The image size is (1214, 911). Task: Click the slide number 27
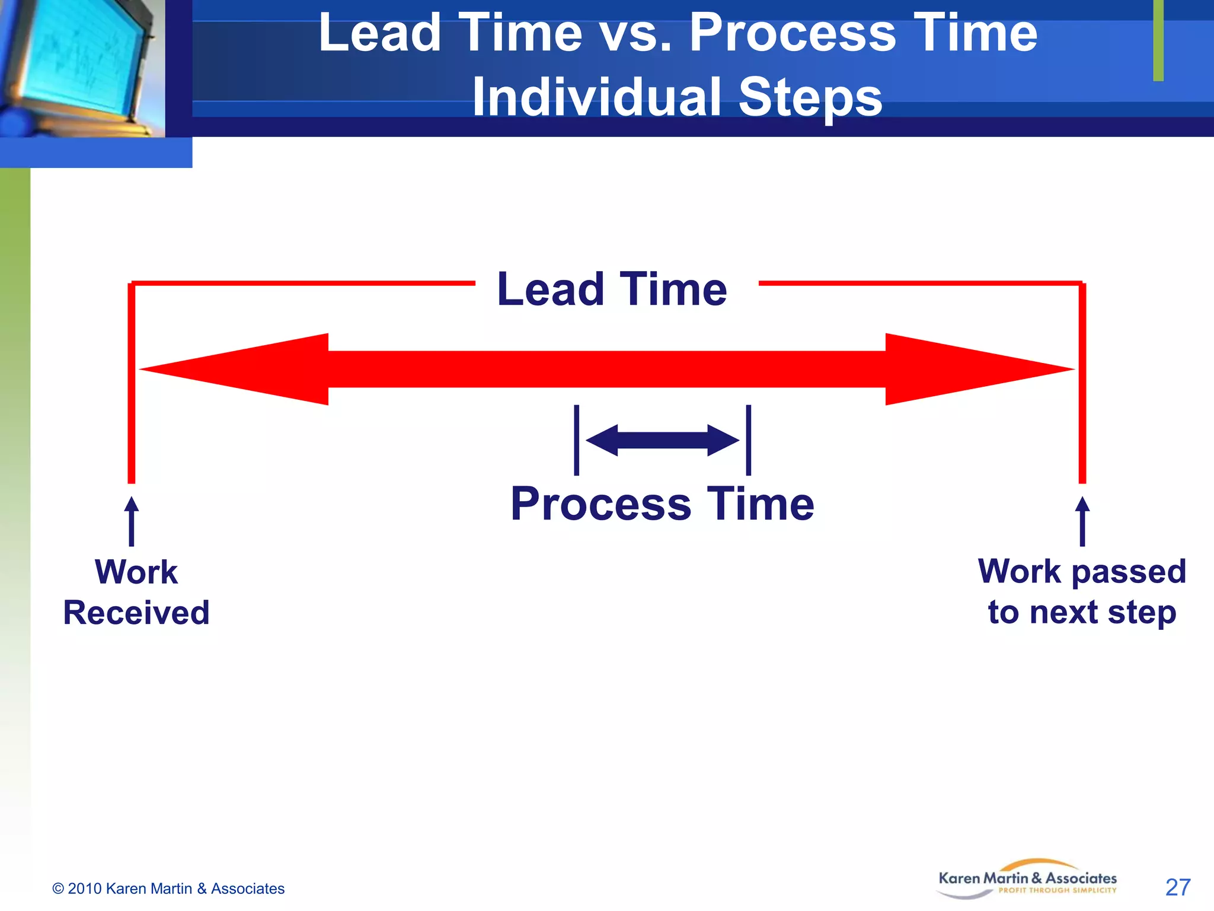pyautogui.click(x=1177, y=887)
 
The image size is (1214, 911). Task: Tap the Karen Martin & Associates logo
pyautogui.click(x=1027, y=880)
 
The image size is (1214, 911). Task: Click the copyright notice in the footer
pyautogui.click(x=168, y=888)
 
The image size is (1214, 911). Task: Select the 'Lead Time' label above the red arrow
pyautogui.click(x=612, y=289)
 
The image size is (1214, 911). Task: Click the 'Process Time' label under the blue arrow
pyautogui.click(x=662, y=504)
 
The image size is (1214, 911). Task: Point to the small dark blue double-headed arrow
pyautogui.click(x=662, y=440)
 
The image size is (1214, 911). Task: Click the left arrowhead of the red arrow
pyautogui.click(x=237, y=369)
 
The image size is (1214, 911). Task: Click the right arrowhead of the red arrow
pyautogui.click(x=978, y=369)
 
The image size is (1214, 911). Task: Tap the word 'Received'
pyautogui.click(x=136, y=613)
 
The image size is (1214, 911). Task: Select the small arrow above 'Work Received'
pyautogui.click(x=132, y=521)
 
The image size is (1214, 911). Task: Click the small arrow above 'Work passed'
pyautogui.click(x=1082, y=521)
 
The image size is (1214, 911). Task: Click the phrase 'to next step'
pyautogui.click(x=1082, y=612)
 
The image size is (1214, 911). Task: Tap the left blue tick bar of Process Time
pyautogui.click(x=576, y=440)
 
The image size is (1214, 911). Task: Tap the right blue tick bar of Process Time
pyautogui.click(x=749, y=440)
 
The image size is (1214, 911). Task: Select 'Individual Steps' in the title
pyautogui.click(x=677, y=97)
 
